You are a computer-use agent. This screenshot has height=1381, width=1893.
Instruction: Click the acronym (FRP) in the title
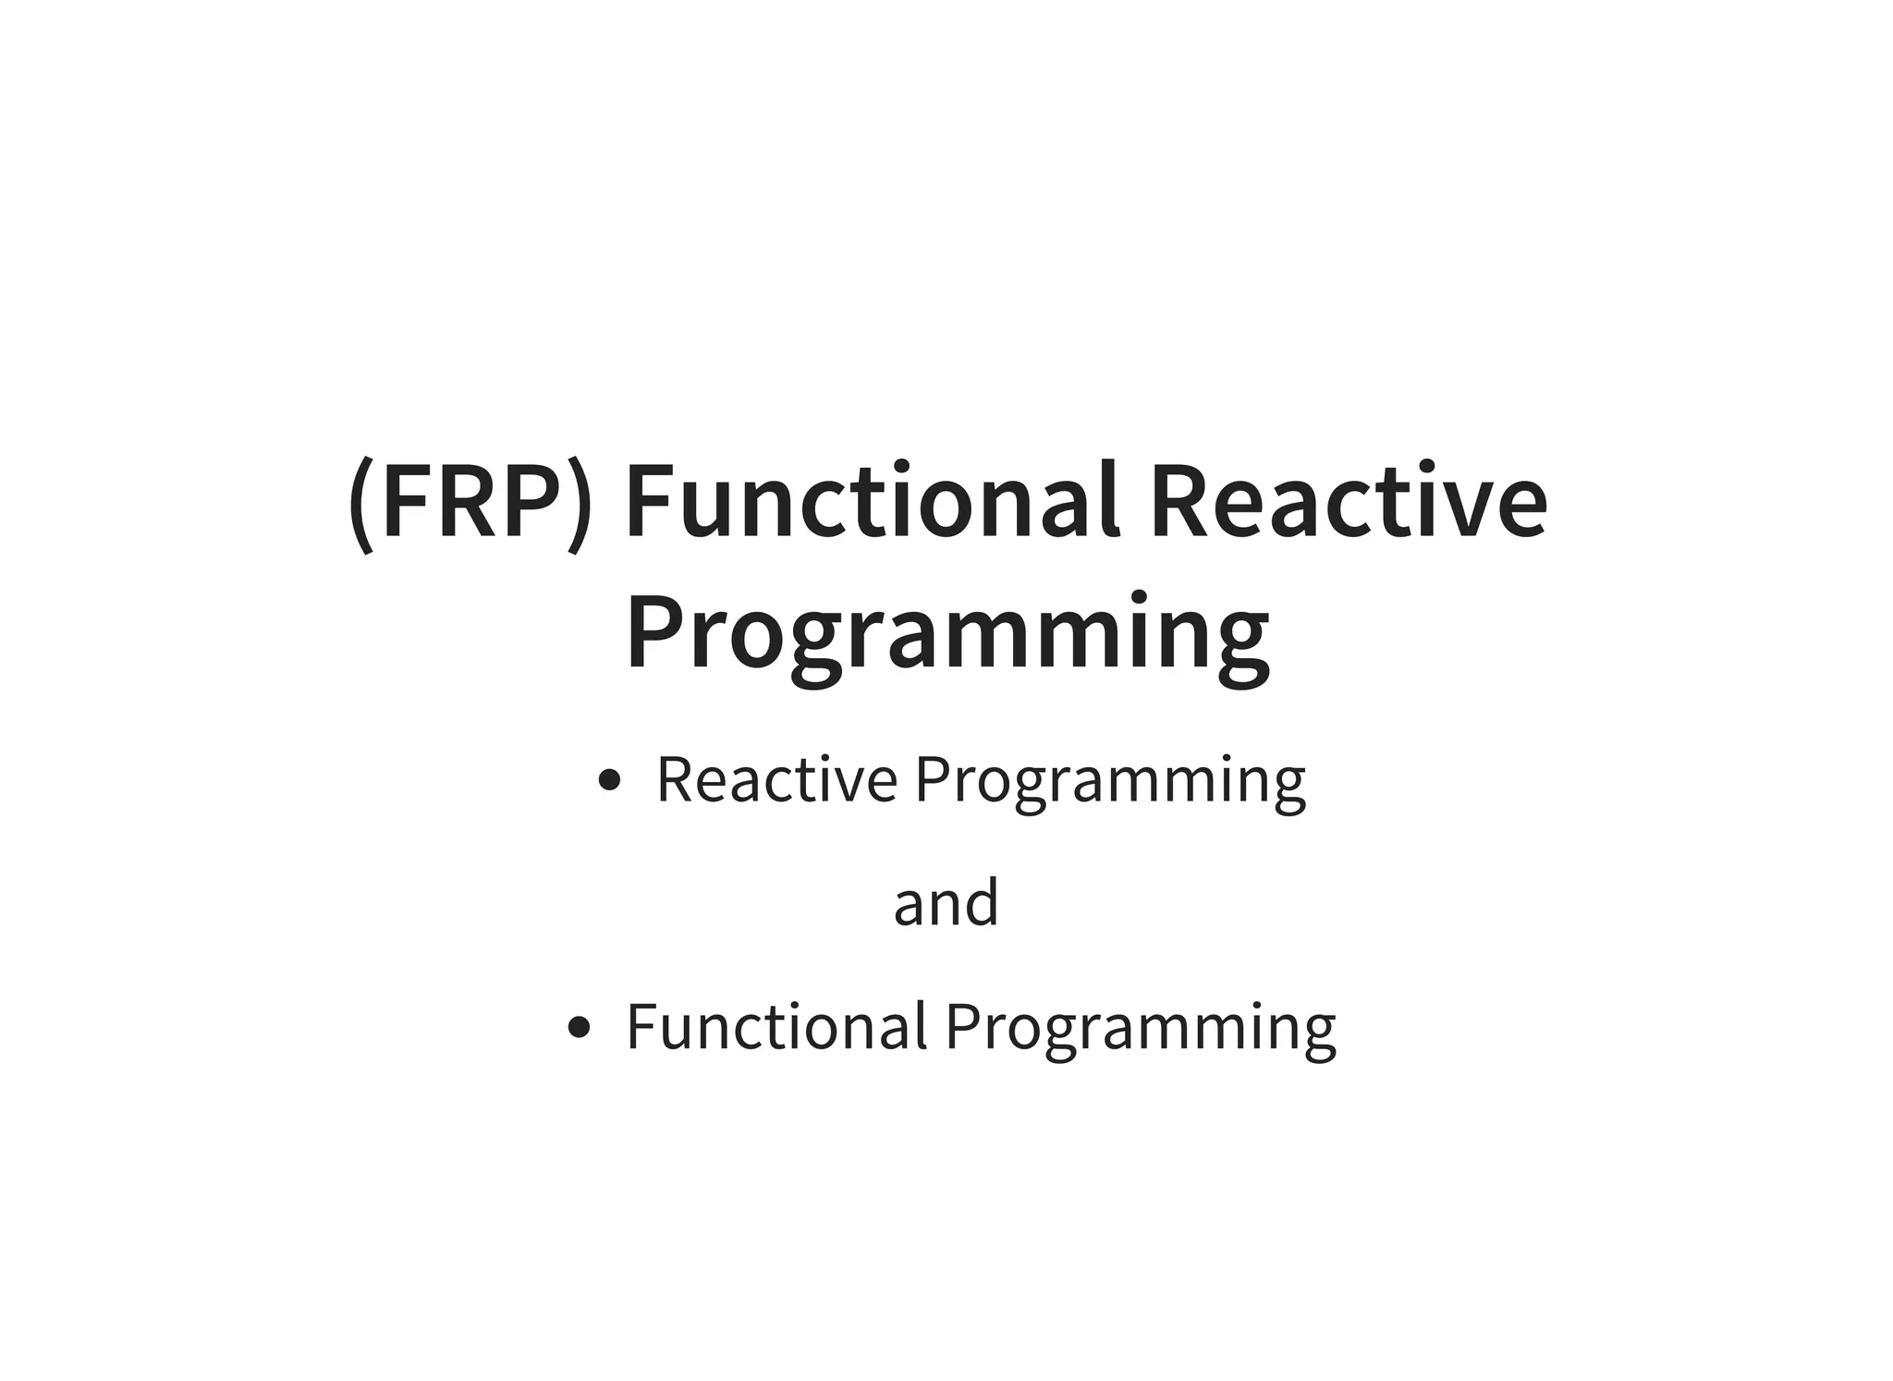pyautogui.click(x=470, y=504)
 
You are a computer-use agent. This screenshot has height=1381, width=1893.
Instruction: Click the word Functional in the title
pyautogui.click(x=873, y=504)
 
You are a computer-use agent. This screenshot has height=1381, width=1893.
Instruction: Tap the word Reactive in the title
pyautogui.click(x=1348, y=504)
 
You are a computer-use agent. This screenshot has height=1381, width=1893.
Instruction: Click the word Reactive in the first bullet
pyautogui.click(x=776, y=779)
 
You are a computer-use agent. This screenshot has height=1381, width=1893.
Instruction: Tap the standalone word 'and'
pyautogui.click(x=946, y=903)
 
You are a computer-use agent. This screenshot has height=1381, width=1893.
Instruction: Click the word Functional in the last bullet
pyautogui.click(x=776, y=1026)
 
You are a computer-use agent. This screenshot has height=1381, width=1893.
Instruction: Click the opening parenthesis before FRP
pyautogui.click(x=361, y=507)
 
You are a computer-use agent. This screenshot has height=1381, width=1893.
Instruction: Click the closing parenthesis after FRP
pyautogui.click(x=580, y=507)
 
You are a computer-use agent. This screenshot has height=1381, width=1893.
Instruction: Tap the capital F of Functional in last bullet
pyautogui.click(x=644, y=1026)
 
